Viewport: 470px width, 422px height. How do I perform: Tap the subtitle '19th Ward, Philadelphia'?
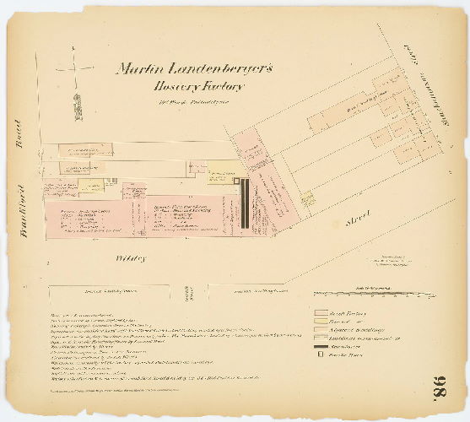189,104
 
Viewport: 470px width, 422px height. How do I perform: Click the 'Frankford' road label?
23,207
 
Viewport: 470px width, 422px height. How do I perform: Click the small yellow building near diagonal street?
307,197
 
